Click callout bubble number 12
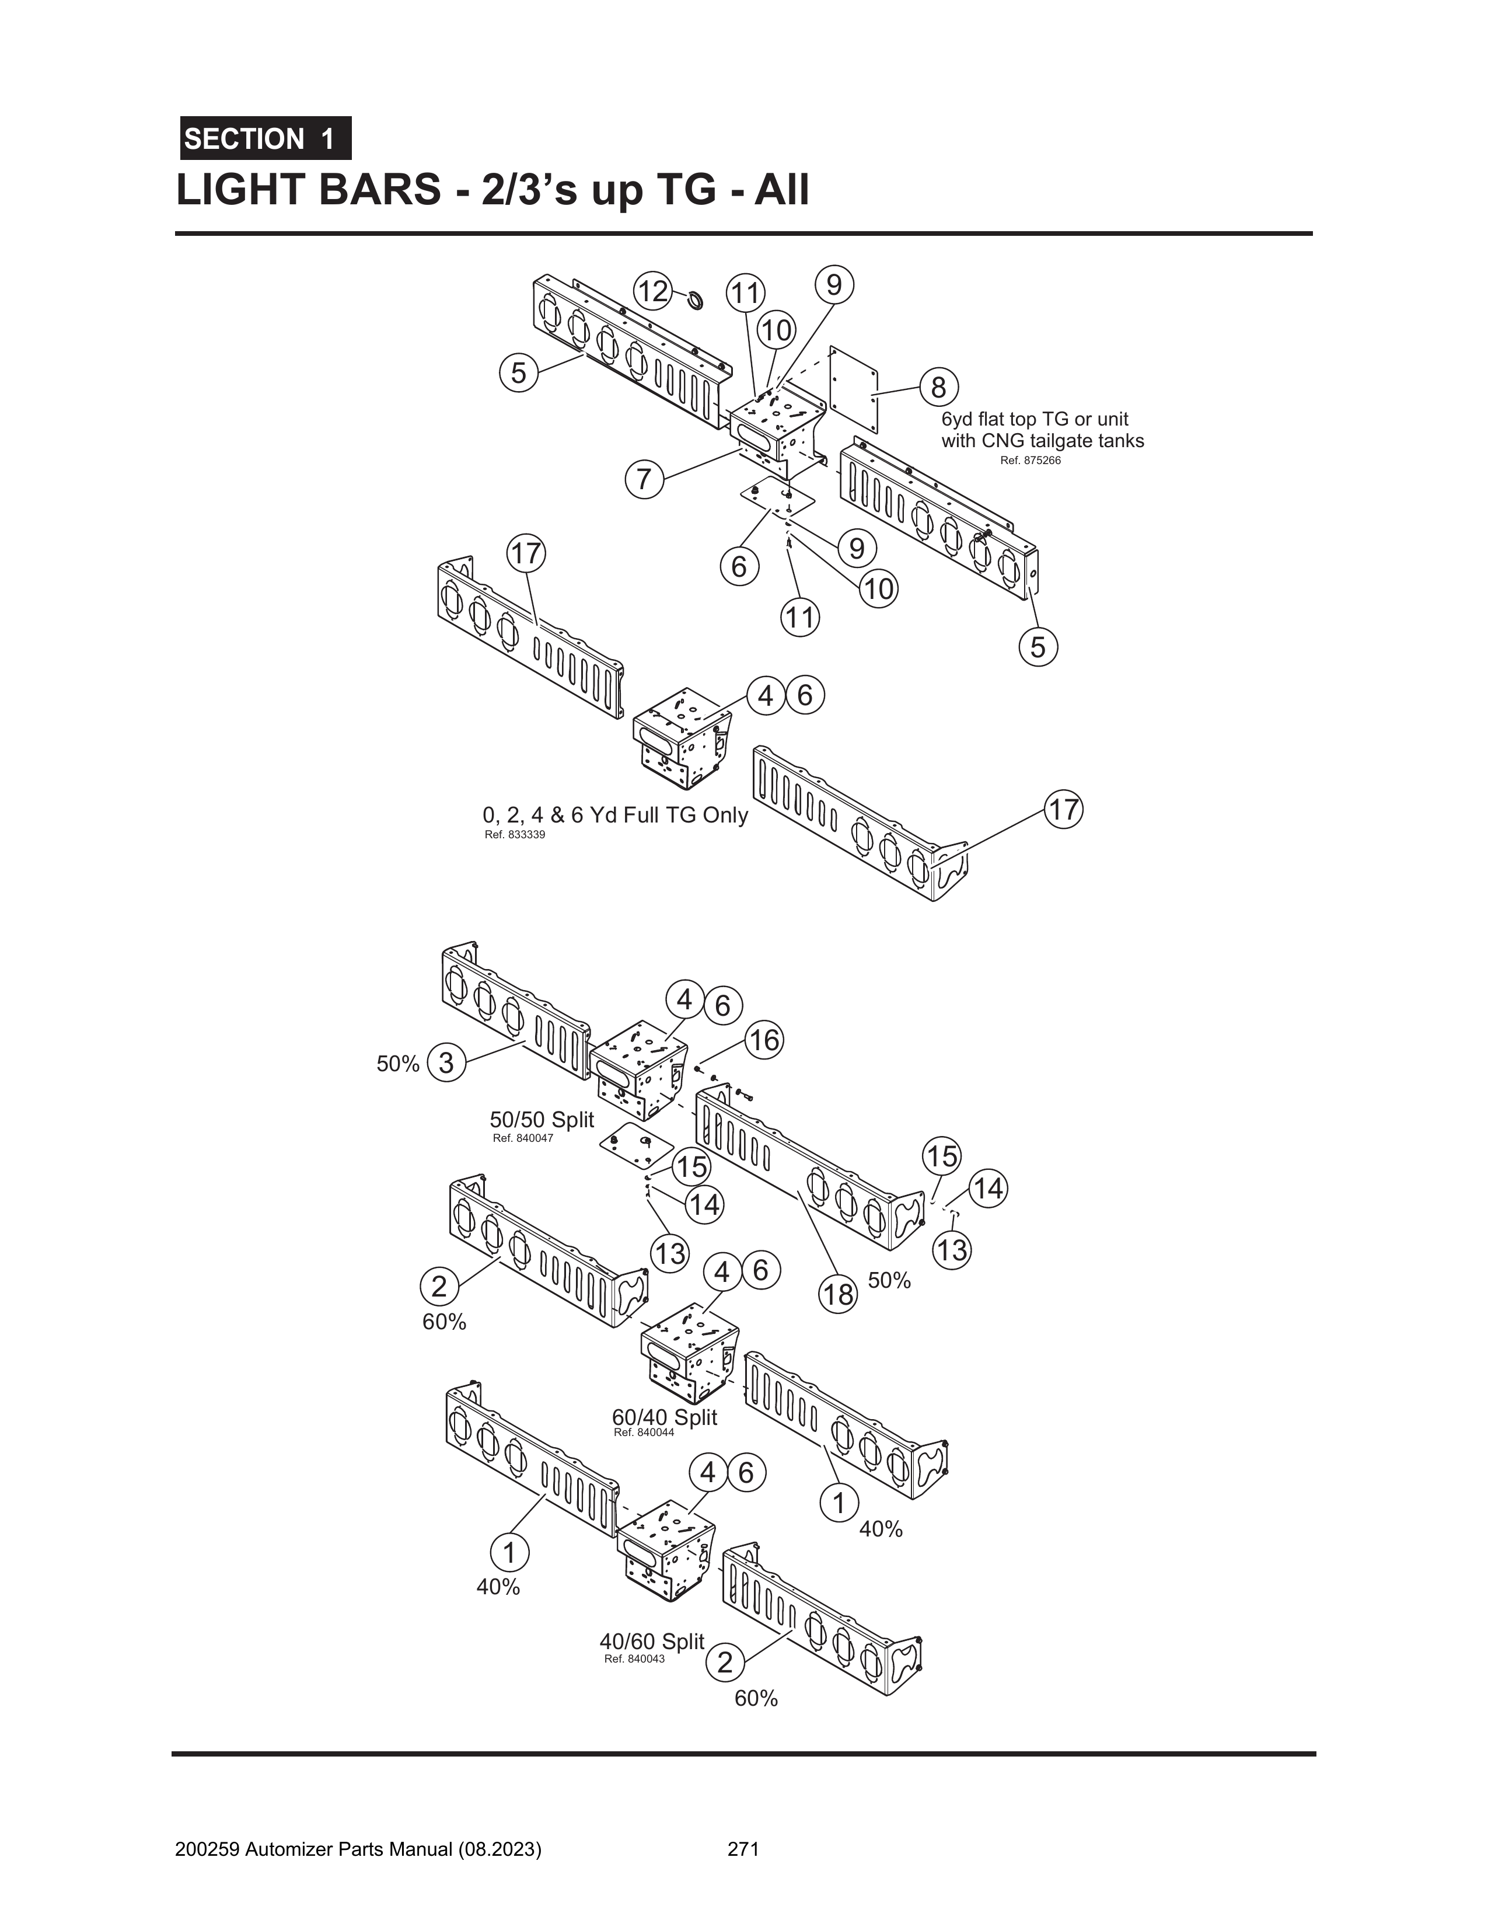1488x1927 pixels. coord(654,291)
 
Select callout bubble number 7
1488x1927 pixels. coord(644,479)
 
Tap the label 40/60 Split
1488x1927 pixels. coord(652,1641)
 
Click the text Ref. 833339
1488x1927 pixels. coord(515,835)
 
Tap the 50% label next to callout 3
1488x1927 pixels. coord(398,1064)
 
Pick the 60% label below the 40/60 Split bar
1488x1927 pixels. coord(756,1699)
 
